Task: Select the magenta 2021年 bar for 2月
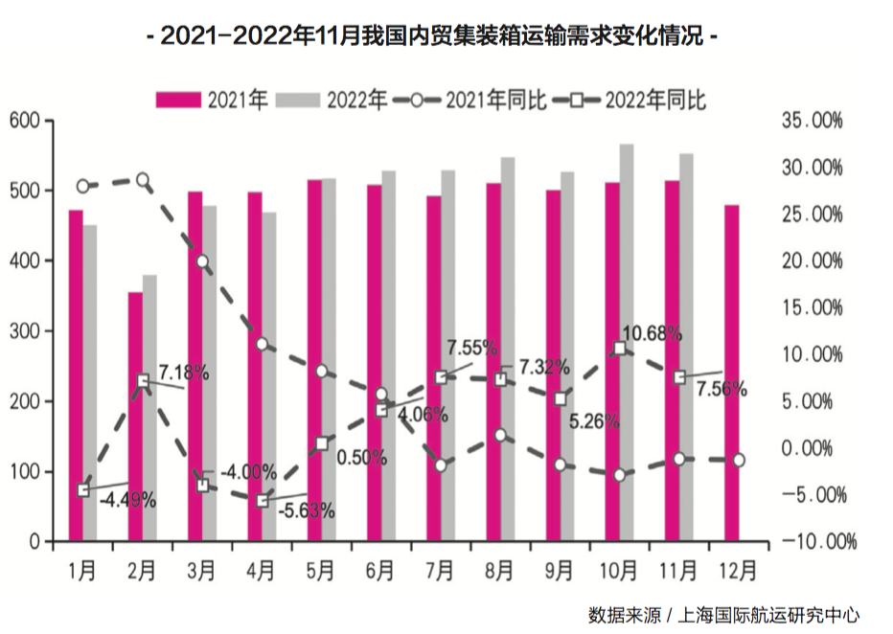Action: point(135,417)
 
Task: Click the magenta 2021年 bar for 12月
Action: point(732,374)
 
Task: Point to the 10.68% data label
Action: point(652,333)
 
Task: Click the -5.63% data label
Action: point(307,510)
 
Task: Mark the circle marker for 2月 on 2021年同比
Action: point(143,180)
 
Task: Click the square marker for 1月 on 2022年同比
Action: point(83,490)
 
